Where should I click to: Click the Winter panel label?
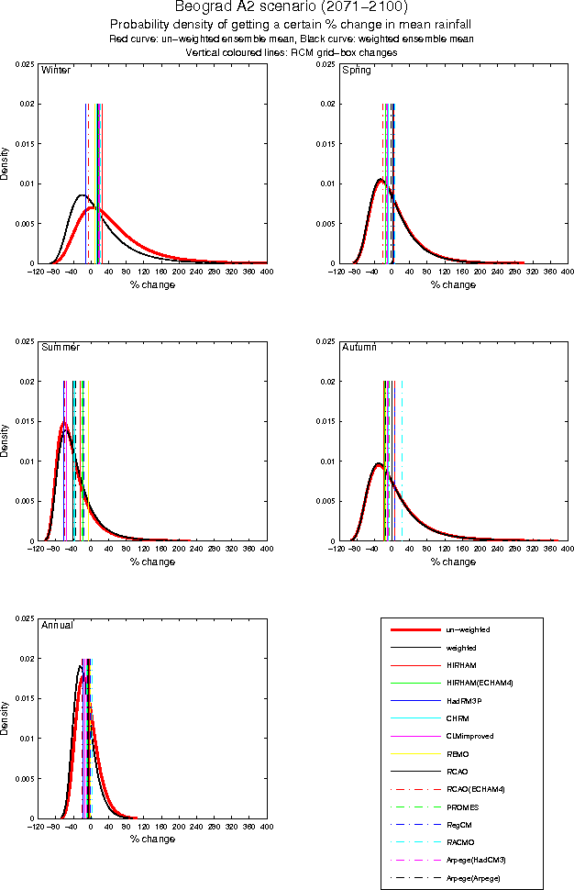[56, 70]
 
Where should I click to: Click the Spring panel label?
[356, 70]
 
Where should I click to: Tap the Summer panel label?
[60, 347]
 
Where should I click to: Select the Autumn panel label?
[359, 347]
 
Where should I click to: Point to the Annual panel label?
[57, 625]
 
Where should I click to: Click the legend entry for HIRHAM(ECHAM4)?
[473, 684]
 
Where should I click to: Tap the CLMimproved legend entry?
[467, 737]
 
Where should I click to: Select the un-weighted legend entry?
[467, 630]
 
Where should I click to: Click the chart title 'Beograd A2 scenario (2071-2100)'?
[285, 7]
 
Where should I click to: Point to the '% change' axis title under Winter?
[151, 284]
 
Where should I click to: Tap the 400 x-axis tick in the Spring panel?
[567, 273]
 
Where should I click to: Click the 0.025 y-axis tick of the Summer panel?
[26, 341]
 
